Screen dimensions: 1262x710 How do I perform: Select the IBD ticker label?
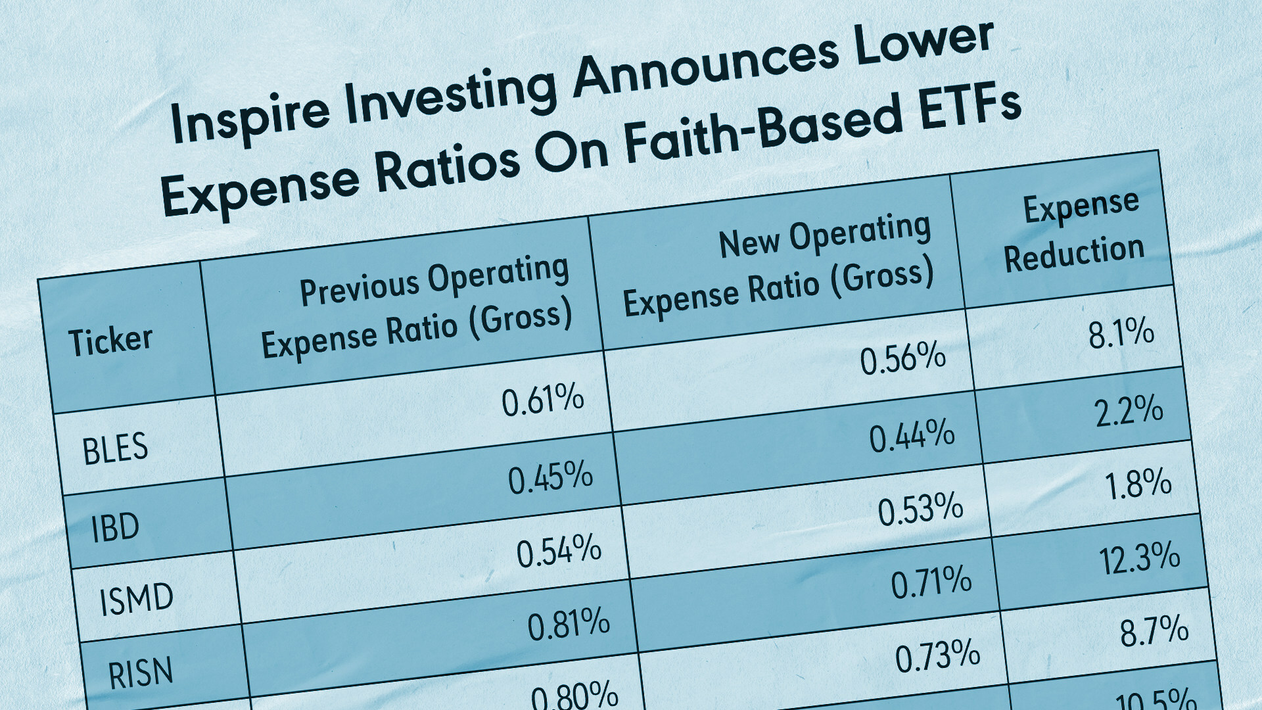(x=115, y=527)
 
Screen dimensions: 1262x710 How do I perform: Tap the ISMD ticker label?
(x=136, y=600)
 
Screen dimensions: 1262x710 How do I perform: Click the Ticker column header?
(x=110, y=341)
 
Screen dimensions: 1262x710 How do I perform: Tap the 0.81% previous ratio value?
(x=569, y=624)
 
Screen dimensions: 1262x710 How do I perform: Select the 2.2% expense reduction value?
(x=1129, y=410)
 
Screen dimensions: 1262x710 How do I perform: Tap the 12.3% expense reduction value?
(x=1140, y=558)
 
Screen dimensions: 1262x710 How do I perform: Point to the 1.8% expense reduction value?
(x=1138, y=484)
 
